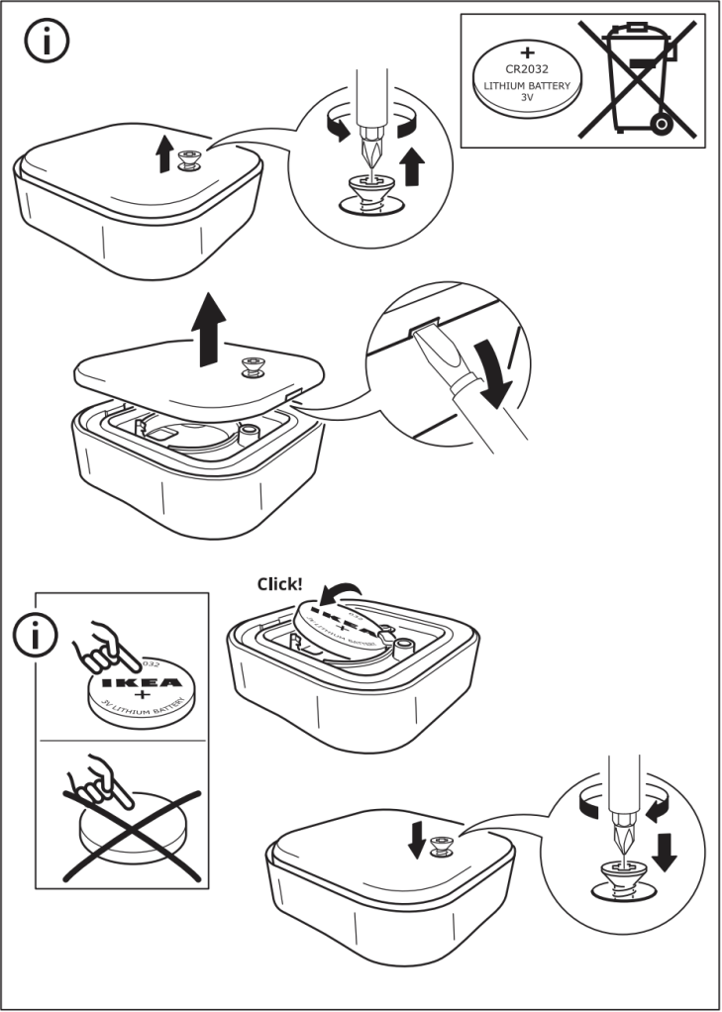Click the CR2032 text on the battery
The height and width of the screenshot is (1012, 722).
pos(526,69)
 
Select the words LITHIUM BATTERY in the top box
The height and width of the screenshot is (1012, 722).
pos(526,86)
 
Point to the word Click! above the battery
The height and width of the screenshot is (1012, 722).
pos(279,583)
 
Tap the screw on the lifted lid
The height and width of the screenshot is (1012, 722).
pos(252,368)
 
